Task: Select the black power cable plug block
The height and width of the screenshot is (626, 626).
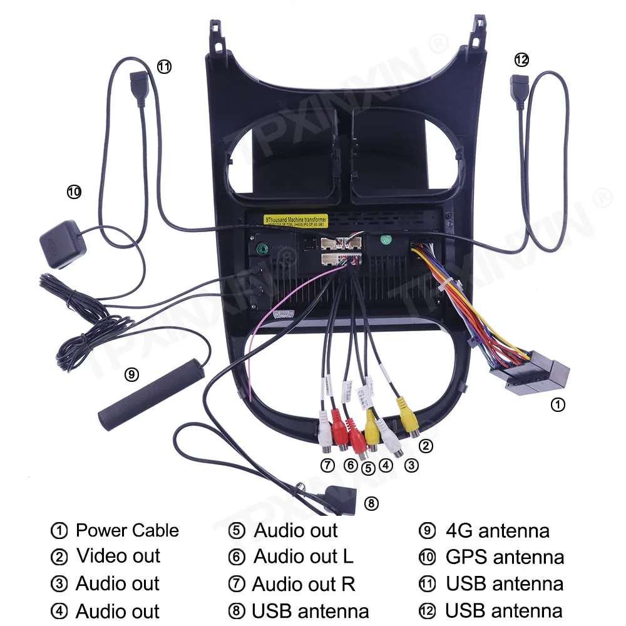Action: pyautogui.click(x=532, y=376)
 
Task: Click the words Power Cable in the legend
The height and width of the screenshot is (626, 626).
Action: pyautogui.click(x=127, y=530)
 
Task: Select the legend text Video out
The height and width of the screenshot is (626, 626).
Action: pyautogui.click(x=118, y=556)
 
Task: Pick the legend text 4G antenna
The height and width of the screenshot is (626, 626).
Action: pyautogui.click(x=497, y=531)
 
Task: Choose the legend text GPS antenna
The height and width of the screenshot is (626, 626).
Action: pyautogui.click(x=505, y=557)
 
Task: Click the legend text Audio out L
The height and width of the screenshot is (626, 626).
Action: pyautogui.click(x=303, y=556)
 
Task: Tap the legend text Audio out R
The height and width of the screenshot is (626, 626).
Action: pyautogui.click(x=304, y=584)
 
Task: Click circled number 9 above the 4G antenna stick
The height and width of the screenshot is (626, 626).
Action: pyautogui.click(x=131, y=374)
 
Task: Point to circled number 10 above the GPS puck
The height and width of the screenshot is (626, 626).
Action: pyautogui.click(x=74, y=192)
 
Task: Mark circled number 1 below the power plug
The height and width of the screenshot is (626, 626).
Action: pyautogui.click(x=557, y=405)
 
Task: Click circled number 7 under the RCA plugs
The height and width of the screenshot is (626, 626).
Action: pyautogui.click(x=327, y=465)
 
